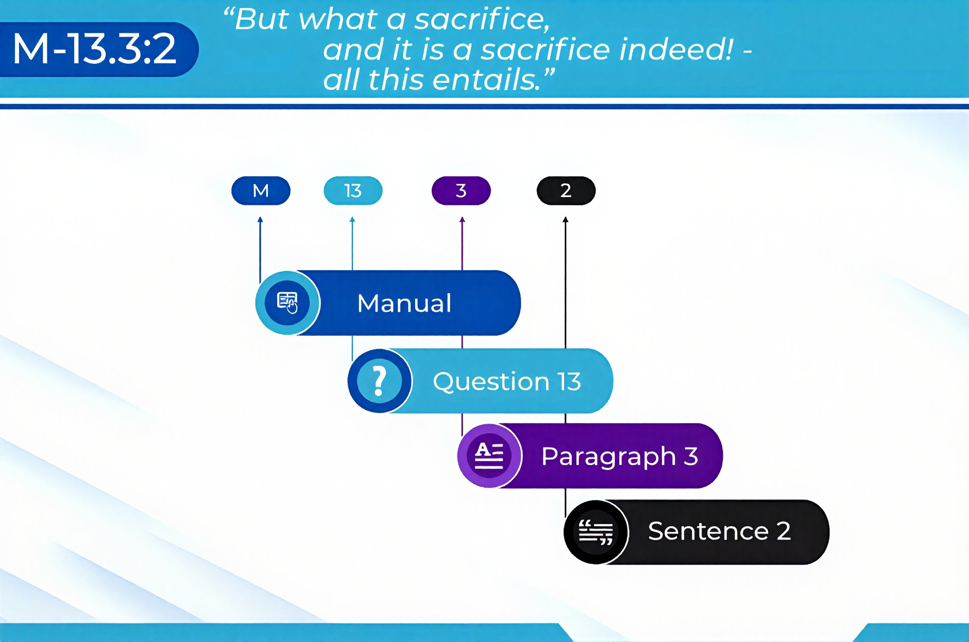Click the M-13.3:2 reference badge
click(98, 49)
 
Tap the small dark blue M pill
click(261, 191)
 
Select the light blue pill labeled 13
click(353, 191)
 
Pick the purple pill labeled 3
click(461, 191)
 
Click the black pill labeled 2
click(566, 191)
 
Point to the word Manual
click(404, 303)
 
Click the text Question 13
click(507, 381)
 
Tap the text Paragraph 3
click(620, 456)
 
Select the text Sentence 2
click(719, 531)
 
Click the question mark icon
click(379, 381)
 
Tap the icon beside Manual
click(288, 303)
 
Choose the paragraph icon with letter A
click(489, 455)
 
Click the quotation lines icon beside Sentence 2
click(595, 532)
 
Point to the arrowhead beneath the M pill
click(260, 219)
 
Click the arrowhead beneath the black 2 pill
click(565, 219)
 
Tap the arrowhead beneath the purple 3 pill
click(462, 219)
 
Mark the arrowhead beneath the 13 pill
click(352, 219)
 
